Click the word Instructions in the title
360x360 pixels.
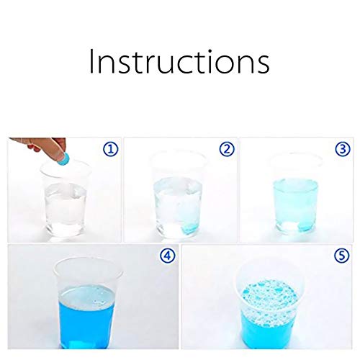tap(179, 61)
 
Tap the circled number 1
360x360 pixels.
tap(111, 149)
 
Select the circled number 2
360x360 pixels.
tap(227, 149)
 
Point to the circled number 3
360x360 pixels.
tap(343, 149)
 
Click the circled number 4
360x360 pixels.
tap(168, 256)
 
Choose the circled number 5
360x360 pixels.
tap(342, 256)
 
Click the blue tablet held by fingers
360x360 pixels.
tap(63, 158)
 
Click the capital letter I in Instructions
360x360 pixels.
tap(91, 61)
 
